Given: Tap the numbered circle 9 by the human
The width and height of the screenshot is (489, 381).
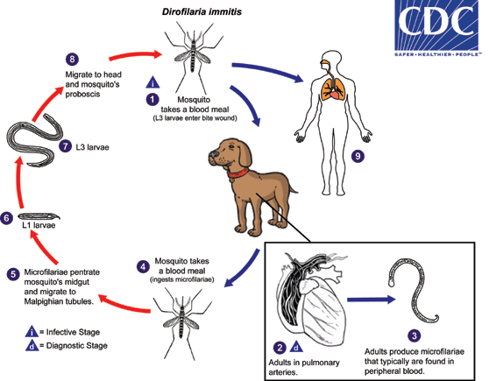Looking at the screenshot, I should click(x=357, y=155).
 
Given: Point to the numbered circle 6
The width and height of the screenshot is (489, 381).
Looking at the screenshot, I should click(x=7, y=217).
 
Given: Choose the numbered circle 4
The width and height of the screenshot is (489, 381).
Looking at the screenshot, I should click(x=143, y=265).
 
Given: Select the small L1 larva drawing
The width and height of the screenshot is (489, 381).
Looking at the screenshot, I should click(x=39, y=215).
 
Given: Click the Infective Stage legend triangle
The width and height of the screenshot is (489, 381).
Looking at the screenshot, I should click(x=32, y=332).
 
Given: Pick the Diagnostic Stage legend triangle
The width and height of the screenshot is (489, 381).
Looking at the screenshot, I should click(x=32, y=345).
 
